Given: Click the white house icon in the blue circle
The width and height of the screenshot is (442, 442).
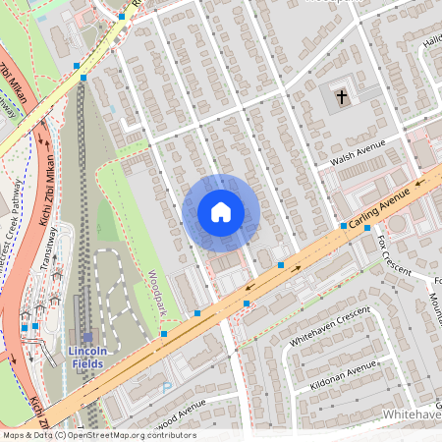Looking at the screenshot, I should point(221,212).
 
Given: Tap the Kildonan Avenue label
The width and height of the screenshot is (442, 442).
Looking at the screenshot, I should point(344,374).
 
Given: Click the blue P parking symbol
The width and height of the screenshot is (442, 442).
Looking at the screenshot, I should point(165,388).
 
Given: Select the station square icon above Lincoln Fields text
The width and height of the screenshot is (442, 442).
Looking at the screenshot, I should point(87,337).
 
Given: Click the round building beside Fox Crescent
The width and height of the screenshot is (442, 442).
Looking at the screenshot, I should point(397,224).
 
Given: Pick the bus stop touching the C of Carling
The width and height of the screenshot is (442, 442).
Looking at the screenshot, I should point(343,226).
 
